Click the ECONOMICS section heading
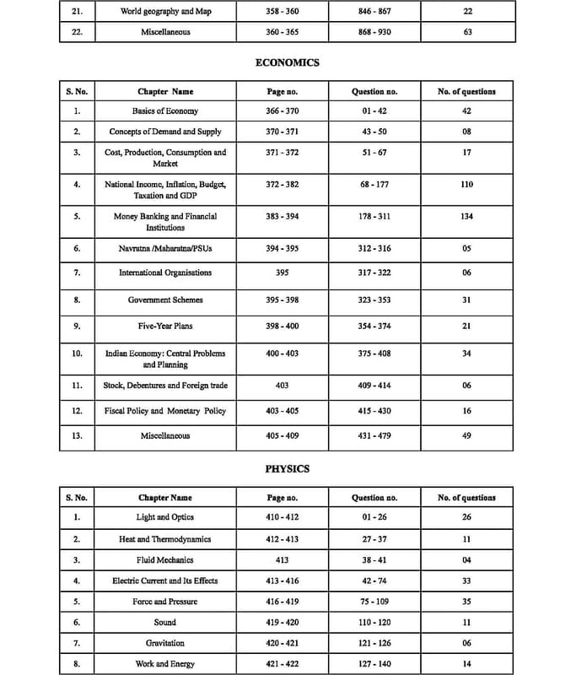click(288, 62)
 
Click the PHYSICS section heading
click(288, 468)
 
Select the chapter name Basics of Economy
click(165, 111)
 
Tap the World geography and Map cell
click(165, 12)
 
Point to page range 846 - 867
click(374, 12)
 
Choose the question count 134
click(467, 216)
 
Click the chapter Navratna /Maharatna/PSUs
click(165, 249)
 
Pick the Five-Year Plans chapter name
click(165, 326)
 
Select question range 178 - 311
click(374, 216)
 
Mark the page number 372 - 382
click(282, 184)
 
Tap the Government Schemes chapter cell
click(165, 300)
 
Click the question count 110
click(467, 184)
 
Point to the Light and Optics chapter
click(165, 517)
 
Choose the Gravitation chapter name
click(165, 643)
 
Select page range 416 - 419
click(282, 602)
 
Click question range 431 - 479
click(374, 435)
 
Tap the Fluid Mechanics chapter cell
click(165, 559)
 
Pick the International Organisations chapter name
click(165, 273)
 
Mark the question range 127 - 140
click(374, 664)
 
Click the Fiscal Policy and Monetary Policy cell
click(165, 411)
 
